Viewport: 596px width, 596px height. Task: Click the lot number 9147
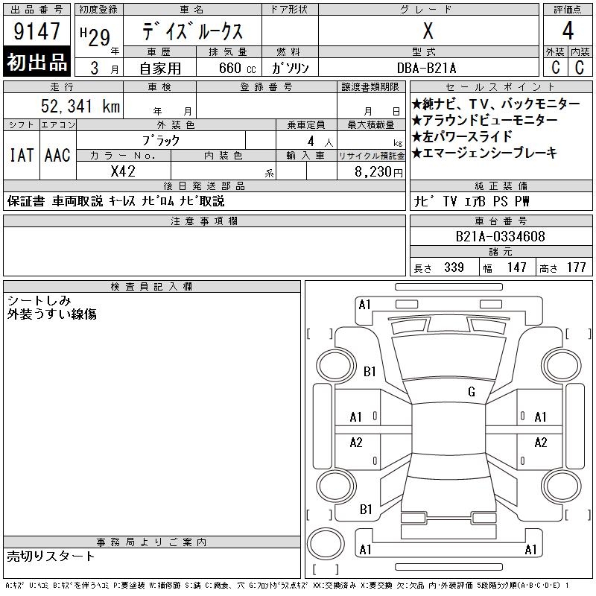(x=37, y=31)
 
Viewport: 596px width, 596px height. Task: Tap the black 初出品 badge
(x=37, y=62)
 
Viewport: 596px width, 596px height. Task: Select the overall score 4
(x=568, y=31)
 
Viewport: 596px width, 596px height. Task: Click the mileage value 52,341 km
(x=80, y=106)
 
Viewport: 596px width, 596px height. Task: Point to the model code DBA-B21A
(x=426, y=68)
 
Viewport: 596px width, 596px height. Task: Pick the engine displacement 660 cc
(x=237, y=68)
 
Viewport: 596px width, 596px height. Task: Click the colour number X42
(x=123, y=171)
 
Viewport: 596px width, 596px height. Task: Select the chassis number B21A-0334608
(x=500, y=236)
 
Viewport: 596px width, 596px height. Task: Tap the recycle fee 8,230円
(x=378, y=172)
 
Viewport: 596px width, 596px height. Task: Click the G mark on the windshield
(x=472, y=392)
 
